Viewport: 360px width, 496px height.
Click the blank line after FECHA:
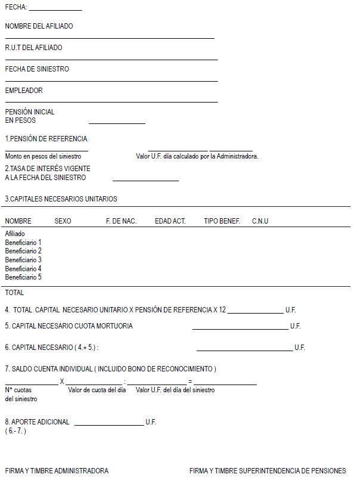(x=55, y=10)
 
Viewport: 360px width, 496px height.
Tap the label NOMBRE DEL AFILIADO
(x=39, y=26)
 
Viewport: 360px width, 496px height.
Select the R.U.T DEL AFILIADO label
(x=33, y=48)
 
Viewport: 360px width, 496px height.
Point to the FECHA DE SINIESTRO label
(x=37, y=69)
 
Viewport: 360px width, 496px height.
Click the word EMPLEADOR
(x=24, y=91)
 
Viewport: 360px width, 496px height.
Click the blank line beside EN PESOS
(x=117, y=122)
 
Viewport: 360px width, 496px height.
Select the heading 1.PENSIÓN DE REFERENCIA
(x=46, y=139)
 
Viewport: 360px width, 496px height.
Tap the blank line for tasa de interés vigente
(x=145, y=179)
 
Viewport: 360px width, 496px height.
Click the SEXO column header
(x=63, y=221)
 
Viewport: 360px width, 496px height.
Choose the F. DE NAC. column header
(x=121, y=221)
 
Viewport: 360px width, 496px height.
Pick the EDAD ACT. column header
(x=170, y=221)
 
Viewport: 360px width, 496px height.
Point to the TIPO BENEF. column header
(x=222, y=221)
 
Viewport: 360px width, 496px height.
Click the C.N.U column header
(x=260, y=221)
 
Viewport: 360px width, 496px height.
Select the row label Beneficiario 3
(x=23, y=260)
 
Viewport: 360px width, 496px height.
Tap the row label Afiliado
(x=15, y=234)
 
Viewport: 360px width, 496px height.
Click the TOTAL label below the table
(x=14, y=293)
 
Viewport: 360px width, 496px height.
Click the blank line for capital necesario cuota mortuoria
(x=240, y=328)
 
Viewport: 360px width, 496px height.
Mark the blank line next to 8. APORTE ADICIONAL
(x=109, y=424)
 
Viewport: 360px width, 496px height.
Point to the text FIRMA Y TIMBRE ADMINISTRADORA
(x=57, y=471)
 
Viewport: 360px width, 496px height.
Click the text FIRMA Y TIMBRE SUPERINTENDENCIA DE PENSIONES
(x=268, y=471)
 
